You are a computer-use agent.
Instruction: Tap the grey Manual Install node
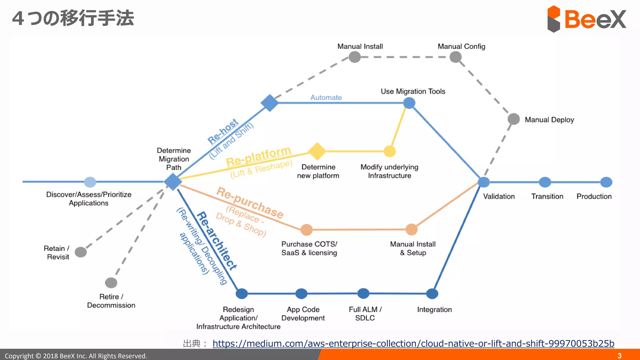[x=355, y=57]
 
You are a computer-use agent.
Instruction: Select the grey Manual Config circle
[x=455, y=57]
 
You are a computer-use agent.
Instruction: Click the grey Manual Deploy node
[x=513, y=119]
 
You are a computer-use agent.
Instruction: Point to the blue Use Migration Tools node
[x=409, y=103]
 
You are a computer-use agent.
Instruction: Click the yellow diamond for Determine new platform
[x=317, y=151]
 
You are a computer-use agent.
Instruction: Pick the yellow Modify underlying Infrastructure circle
[x=389, y=151]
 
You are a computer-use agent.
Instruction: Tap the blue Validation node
[x=484, y=182]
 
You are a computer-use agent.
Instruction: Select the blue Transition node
[x=545, y=182]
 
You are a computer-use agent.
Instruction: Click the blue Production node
[x=606, y=182]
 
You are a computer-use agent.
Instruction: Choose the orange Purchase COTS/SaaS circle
[x=307, y=230]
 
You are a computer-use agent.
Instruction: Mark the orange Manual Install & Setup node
[x=412, y=229]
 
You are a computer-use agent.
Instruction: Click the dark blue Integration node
[x=432, y=294]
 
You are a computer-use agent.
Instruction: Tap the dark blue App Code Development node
[x=301, y=294]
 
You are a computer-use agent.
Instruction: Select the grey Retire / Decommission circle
[x=111, y=283]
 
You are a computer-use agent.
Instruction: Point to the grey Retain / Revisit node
[x=81, y=252]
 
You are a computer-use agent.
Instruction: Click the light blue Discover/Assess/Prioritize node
[x=90, y=182]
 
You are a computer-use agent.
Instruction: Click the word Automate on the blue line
[x=326, y=97]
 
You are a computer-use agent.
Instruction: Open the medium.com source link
[x=413, y=343]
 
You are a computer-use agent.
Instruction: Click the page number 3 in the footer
[x=619, y=356]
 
